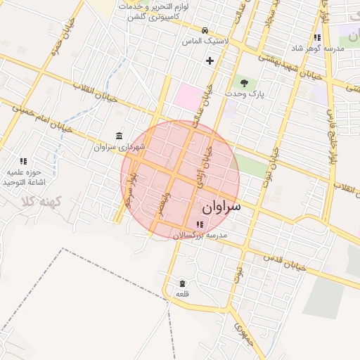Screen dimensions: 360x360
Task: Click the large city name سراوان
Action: (x=221, y=207)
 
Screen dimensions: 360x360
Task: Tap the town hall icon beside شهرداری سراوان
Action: (x=118, y=136)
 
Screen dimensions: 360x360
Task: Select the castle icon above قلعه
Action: (x=182, y=282)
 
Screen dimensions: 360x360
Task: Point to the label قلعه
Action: (x=182, y=293)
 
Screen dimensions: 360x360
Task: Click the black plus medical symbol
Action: (x=210, y=60)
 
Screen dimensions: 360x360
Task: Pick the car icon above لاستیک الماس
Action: (x=204, y=30)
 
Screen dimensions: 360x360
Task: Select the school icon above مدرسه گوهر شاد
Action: (x=317, y=38)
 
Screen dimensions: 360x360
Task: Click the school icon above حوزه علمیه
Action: (x=23, y=161)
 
